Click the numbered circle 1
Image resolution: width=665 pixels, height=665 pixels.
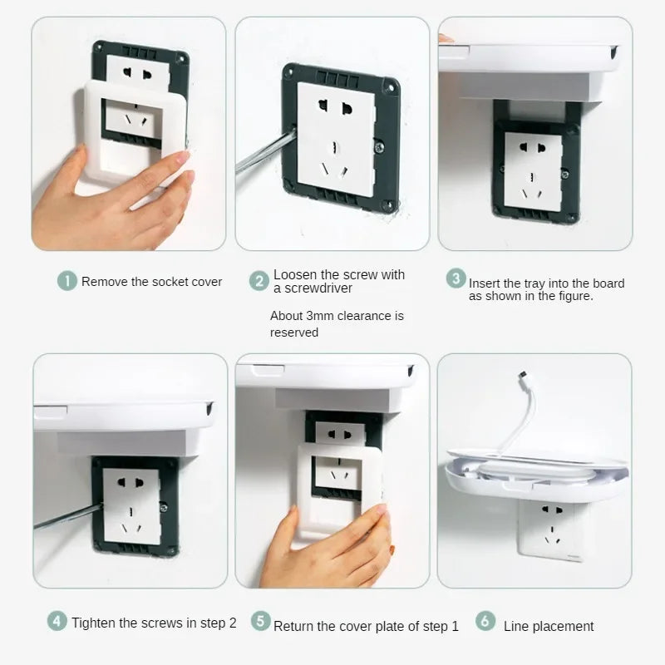pyautogui.click(x=67, y=281)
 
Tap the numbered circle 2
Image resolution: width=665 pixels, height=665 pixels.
pyautogui.click(x=259, y=281)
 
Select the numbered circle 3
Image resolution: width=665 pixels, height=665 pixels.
pyautogui.click(x=456, y=278)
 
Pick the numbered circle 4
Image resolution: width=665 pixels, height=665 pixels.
pyautogui.click(x=57, y=621)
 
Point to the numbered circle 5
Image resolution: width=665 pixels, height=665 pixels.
pyautogui.click(x=260, y=621)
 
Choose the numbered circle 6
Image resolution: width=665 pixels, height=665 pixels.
pyautogui.click(x=485, y=621)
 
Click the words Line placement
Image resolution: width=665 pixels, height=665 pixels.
pyautogui.click(x=549, y=626)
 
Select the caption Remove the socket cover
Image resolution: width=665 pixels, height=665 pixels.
pyautogui.click(x=151, y=282)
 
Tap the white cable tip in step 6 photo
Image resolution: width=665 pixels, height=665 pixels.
pyautogui.click(x=523, y=376)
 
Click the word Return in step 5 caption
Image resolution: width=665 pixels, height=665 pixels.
pyautogui.click(x=294, y=626)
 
